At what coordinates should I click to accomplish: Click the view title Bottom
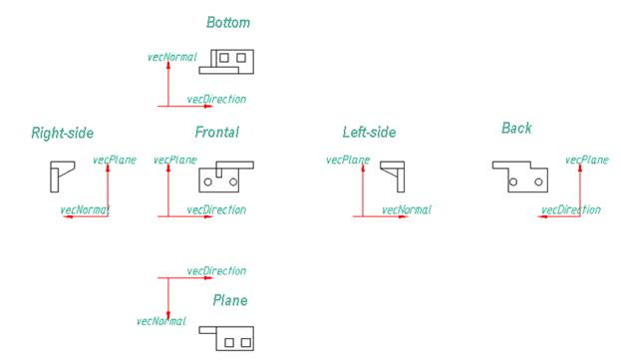(x=228, y=22)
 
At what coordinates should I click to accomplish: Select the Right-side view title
(x=62, y=132)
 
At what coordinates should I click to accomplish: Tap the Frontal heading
(x=216, y=132)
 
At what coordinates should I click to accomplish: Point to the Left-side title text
(x=369, y=132)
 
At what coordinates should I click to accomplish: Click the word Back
(x=516, y=128)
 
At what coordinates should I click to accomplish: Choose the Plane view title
(x=229, y=299)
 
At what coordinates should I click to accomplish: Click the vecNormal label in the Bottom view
(x=171, y=57)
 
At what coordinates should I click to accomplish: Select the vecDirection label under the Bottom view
(x=216, y=100)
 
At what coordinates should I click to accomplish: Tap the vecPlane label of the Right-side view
(x=114, y=160)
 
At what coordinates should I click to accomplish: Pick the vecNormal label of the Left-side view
(x=408, y=210)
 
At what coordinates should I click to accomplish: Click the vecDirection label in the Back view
(x=571, y=210)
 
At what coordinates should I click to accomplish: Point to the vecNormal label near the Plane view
(x=160, y=321)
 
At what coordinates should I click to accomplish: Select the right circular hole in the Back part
(x=537, y=182)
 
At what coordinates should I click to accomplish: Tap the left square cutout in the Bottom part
(x=224, y=58)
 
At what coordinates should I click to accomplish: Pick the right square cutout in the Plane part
(x=244, y=342)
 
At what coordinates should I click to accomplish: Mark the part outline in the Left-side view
(x=394, y=176)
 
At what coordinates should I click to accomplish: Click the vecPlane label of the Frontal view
(x=175, y=160)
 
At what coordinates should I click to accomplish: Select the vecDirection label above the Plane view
(x=216, y=271)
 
